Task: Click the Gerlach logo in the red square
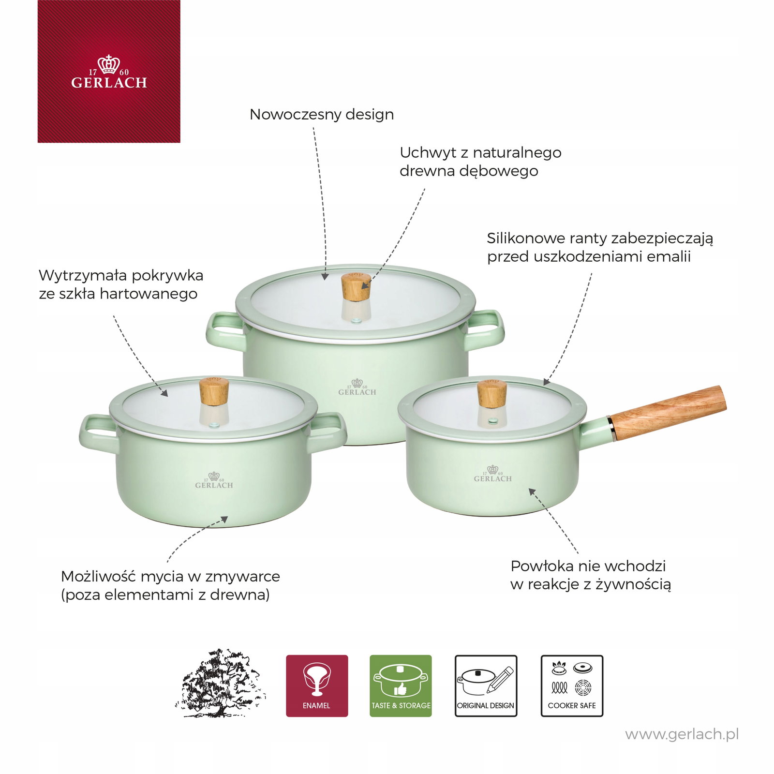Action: (x=109, y=72)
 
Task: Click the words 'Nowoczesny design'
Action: (x=322, y=115)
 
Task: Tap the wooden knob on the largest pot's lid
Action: (x=356, y=287)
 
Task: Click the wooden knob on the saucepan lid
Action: (x=492, y=393)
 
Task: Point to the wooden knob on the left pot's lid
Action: (x=214, y=391)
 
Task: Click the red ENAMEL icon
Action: (x=317, y=686)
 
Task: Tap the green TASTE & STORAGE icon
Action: (x=401, y=686)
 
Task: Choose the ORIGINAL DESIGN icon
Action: (x=486, y=686)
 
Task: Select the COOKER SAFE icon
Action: (x=572, y=686)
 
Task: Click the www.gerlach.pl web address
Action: (x=682, y=735)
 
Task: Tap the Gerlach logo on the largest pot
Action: (x=357, y=387)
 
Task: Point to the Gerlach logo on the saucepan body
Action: (x=492, y=474)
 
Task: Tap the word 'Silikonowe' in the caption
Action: (x=526, y=238)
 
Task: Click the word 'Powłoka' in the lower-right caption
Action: (x=540, y=566)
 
